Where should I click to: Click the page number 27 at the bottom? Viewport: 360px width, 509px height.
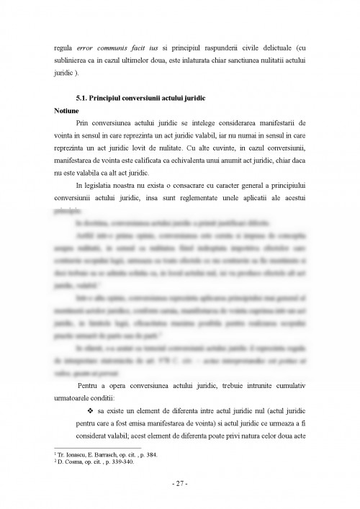[x=180, y=484]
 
